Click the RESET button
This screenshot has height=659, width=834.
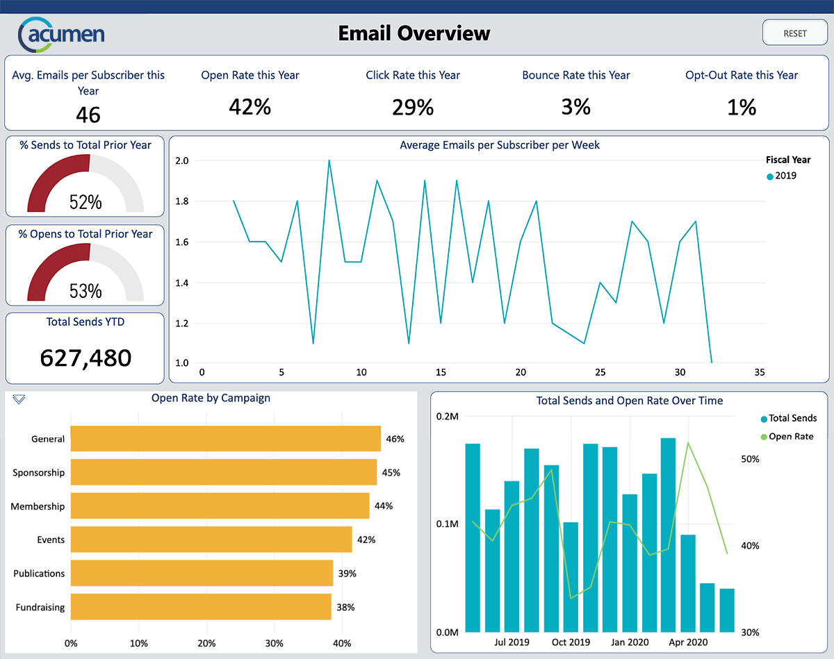pyautogui.click(x=795, y=33)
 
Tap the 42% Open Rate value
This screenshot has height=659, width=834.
pyautogui.click(x=250, y=107)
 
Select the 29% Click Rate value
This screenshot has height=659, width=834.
pyautogui.click(x=413, y=107)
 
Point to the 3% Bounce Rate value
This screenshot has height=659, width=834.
pyautogui.click(x=576, y=107)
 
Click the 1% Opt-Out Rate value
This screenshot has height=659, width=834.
pyautogui.click(x=742, y=107)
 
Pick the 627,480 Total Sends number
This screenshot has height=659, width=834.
pyautogui.click(x=85, y=358)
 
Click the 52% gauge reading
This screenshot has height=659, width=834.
pyautogui.click(x=85, y=202)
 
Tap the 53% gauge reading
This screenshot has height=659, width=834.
pyautogui.click(x=85, y=291)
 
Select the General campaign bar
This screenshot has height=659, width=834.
pyautogui.click(x=225, y=439)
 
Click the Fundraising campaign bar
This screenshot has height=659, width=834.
pyautogui.click(x=201, y=607)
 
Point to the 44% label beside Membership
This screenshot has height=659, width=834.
pyautogui.click(x=384, y=506)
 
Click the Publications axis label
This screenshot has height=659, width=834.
pyautogui.click(x=39, y=574)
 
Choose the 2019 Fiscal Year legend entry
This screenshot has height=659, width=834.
pyautogui.click(x=782, y=176)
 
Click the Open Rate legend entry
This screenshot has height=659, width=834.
pyautogui.click(x=787, y=437)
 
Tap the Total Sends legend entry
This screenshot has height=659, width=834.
pyautogui.click(x=788, y=418)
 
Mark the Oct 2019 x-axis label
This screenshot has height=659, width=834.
pyautogui.click(x=571, y=642)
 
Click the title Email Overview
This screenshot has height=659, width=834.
pyautogui.click(x=414, y=33)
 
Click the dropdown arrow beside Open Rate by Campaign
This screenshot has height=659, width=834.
pyautogui.click(x=19, y=399)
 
